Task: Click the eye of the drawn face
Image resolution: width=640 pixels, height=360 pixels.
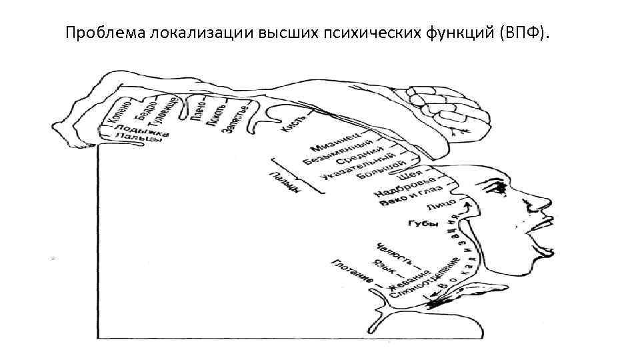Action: click(x=498, y=189)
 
